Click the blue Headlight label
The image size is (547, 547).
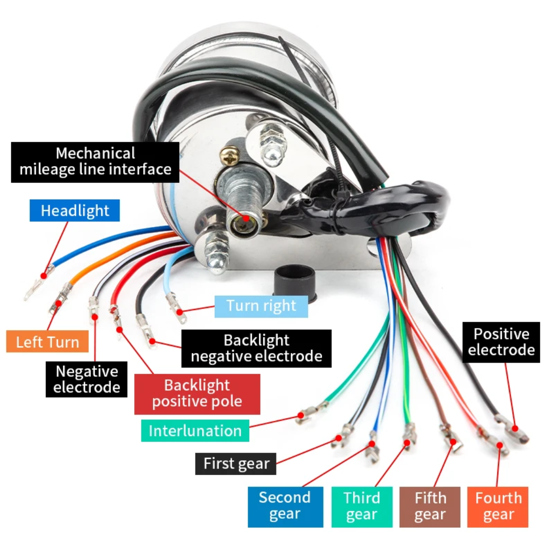[x=75, y=210]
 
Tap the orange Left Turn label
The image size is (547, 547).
[x=48, y=341]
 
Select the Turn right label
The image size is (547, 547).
[x=261, y=306]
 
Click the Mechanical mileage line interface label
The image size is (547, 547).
[x=95, y=161]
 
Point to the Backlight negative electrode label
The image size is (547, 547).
[x=256, y=348]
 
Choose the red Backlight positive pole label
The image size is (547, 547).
[x=197, y=394]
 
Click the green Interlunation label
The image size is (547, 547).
[x=195, y=431]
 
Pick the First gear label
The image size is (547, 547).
[x=236, y=463]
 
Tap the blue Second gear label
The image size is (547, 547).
[x=285, y=506]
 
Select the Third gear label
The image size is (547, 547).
[x=362, y=506]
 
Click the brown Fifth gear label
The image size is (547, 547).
[x=429, y=506]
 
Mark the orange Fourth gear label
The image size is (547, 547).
[x=498, y=506]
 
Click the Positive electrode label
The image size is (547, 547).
[x=501, y=342]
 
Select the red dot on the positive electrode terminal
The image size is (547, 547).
[x=516, y=427]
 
